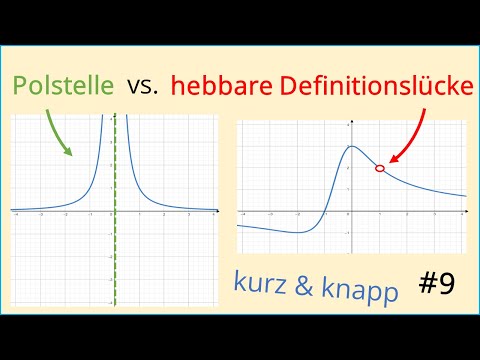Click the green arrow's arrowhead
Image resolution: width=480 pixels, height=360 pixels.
coord(69,153)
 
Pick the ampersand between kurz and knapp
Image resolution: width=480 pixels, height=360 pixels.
coord(304,284)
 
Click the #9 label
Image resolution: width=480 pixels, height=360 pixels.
coord(433,284)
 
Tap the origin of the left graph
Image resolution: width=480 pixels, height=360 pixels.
coord(115,211)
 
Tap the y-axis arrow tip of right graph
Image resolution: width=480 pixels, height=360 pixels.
coord(350,122)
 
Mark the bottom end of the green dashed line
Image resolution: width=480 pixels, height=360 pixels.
coord(115,304)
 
